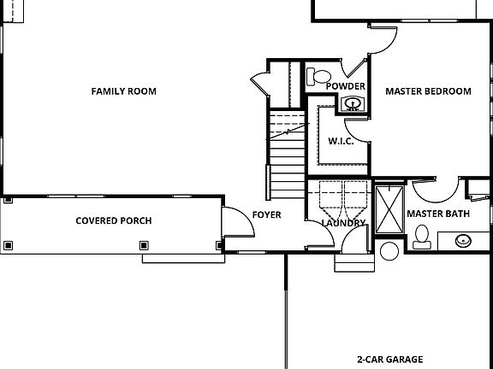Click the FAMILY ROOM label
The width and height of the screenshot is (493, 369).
(124, 91)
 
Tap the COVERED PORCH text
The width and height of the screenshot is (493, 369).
(114, 220)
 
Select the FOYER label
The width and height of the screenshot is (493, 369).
(266, 214)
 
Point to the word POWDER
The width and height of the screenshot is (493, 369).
(346, 86)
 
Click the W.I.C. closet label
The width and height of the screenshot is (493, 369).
(341, 141)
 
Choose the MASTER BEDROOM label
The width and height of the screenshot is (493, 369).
(428, 91)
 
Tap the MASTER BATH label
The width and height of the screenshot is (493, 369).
(437, 213)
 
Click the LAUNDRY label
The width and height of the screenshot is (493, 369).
(343, 223)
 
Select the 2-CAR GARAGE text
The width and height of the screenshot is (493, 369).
(390, 360)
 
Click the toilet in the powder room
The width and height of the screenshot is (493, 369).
(320, 78)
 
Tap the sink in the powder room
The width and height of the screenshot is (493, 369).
(352, 105)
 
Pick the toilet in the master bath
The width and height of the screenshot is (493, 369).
(420, 234)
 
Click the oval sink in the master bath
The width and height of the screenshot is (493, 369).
(463, 240)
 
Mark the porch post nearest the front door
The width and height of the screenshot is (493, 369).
(219, 246)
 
